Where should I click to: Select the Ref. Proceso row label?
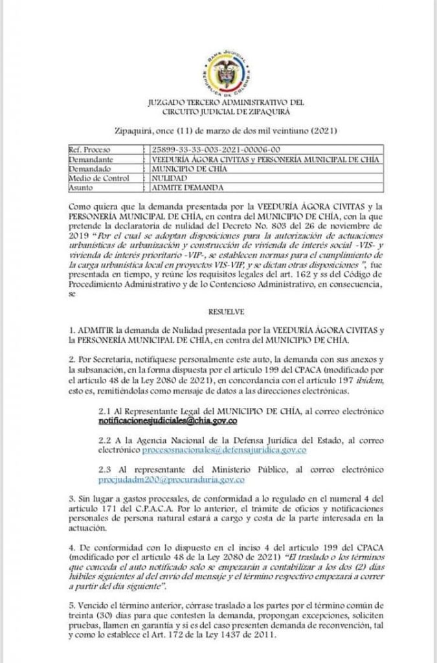89,150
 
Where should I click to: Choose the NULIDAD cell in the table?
169,178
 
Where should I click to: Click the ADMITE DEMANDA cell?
186,188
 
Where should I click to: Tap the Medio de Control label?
98,178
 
